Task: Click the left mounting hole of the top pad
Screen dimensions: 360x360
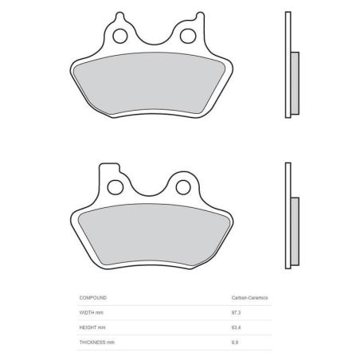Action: point(120,36)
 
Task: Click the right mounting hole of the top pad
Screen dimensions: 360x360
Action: point(188,36)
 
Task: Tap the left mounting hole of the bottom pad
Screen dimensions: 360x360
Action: point(115,187)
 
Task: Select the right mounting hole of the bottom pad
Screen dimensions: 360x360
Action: point(183,187)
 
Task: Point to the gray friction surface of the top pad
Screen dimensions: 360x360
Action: point(149,83)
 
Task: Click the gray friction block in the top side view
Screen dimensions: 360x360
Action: point(295,83)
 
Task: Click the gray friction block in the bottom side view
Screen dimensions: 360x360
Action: point(295,231)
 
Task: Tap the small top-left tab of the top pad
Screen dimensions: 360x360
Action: point(119,17)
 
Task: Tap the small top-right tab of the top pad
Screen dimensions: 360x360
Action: point(200,17)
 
